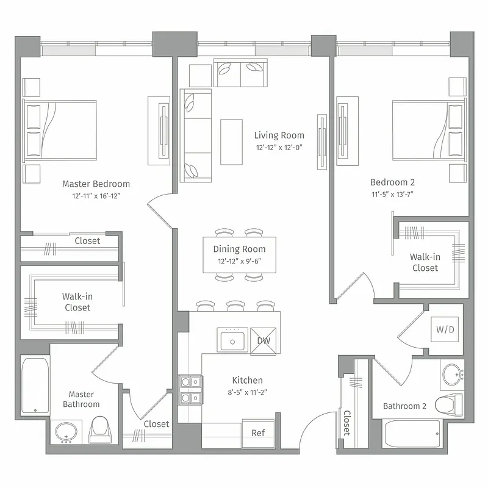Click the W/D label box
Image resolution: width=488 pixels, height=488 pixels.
pos(445,330)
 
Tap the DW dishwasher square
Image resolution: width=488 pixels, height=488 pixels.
pos(264,341)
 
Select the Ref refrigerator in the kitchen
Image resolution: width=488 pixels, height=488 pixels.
pos(258,432)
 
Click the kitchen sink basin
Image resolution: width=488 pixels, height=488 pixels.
pos(232,340)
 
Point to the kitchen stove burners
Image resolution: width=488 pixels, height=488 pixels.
pos(187,390)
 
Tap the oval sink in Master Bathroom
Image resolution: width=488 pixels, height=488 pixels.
pos(66,432)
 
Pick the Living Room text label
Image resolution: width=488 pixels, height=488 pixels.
pos(279,135)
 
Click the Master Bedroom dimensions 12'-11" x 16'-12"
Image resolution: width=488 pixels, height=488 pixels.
pos(96,196)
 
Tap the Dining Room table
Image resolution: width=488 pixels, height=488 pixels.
pos(239,254)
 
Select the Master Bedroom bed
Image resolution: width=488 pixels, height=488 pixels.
pos(60,131)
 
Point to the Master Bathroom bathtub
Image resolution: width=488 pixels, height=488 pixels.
pos(35,387)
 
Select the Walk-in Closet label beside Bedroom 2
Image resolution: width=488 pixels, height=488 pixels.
pos(425,262)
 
